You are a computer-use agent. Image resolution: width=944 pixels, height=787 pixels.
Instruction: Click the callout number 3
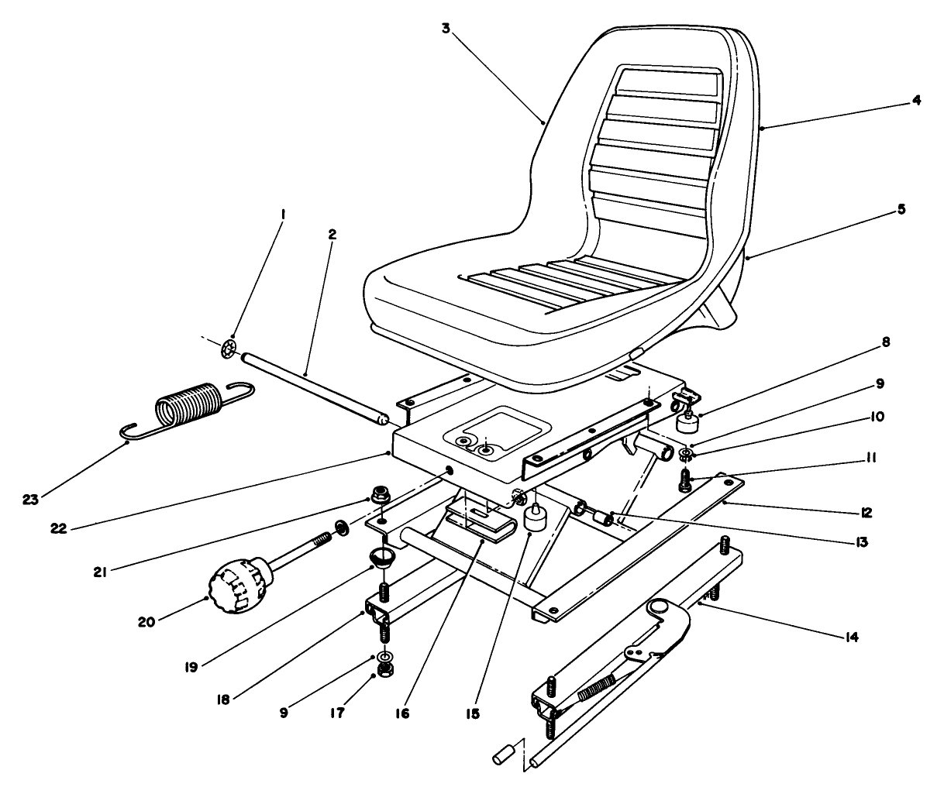(446, 29)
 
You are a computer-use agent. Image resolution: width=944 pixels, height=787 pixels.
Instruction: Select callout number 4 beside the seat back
(916, 100)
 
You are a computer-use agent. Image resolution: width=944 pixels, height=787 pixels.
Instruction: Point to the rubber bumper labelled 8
(684, 423)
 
